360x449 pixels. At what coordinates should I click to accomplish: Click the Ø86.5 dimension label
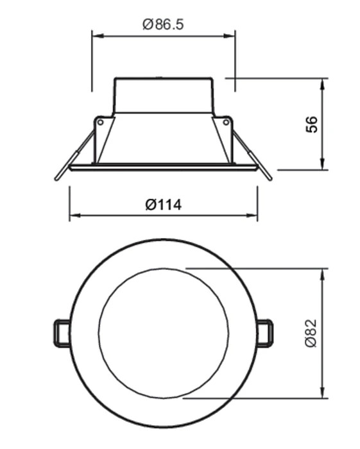(162, 24)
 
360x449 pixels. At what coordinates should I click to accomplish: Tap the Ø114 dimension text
(164, 205)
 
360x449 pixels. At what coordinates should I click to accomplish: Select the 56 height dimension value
(312, 124)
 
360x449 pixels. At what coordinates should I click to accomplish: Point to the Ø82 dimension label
(311, 334)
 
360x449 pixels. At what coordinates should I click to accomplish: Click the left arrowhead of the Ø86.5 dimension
(98, 36)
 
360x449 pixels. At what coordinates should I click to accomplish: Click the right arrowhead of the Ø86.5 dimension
(229, 36)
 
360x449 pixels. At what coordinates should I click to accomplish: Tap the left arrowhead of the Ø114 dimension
(75, 216)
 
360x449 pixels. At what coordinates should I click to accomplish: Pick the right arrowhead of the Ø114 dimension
(252, 216)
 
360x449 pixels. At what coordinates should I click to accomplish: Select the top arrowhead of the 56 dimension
(323, 84)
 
